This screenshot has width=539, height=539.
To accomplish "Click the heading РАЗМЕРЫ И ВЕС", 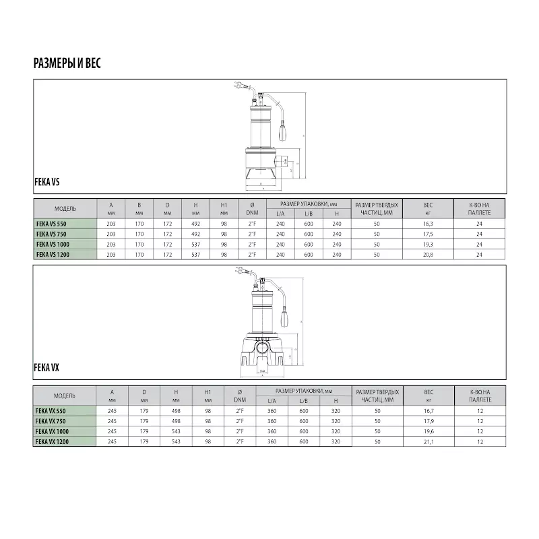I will pyautogui.click(x=67, y=64).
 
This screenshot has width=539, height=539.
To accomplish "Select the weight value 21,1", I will pyautogui.click(x=428, y=441).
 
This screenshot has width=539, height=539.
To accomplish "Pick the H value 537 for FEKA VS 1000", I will pyautogui.click(x=195, y=245).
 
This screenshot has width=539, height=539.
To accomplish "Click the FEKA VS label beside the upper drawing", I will pyautogui.click(x=48, y=181).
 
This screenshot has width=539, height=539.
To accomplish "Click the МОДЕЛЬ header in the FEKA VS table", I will pyautogui.click(x=65, y=208).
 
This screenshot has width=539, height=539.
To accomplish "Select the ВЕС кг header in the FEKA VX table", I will pyautogui.click(x=428, y=395).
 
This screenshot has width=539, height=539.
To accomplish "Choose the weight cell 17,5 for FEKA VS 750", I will pyautogui.click(x=428, y=234).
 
